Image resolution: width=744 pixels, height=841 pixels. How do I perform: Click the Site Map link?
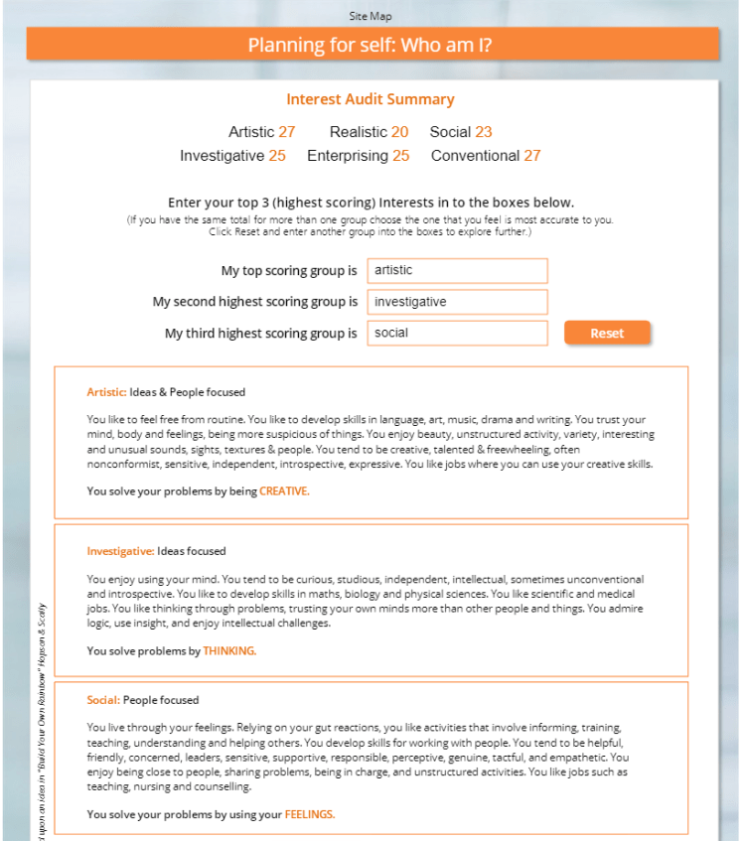[371, 16]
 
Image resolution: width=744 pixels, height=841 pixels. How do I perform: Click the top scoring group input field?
[457, 270]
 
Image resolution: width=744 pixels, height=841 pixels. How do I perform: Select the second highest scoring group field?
[457, 302]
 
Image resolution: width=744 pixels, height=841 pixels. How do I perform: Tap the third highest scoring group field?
[457, 333]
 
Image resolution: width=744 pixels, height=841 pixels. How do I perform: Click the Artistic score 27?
[287, 132]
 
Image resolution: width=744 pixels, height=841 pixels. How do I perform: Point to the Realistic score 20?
[399, 132]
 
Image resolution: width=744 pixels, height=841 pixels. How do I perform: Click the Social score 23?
[484, 132]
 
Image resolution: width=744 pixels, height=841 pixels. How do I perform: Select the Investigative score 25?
[277, 156]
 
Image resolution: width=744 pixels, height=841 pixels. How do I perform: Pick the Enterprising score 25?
[401, 156]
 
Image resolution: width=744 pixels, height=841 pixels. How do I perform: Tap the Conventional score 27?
[532, 156]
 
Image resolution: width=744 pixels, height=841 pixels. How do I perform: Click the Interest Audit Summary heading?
[371, 99]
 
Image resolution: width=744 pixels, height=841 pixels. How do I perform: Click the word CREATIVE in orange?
[284, 491]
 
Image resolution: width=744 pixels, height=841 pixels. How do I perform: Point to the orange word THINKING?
[229, 651]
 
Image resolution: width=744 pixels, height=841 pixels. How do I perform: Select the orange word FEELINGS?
[310, 814]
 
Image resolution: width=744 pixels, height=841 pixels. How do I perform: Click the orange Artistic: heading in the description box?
[106, 392]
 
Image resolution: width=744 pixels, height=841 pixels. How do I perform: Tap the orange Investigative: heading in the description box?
[120, 551]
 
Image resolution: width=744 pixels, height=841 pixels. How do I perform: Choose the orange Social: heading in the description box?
[103, 700]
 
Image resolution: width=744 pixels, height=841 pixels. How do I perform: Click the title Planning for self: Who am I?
[371, 45]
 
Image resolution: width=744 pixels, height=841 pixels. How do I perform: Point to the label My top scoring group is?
[288, 271]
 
